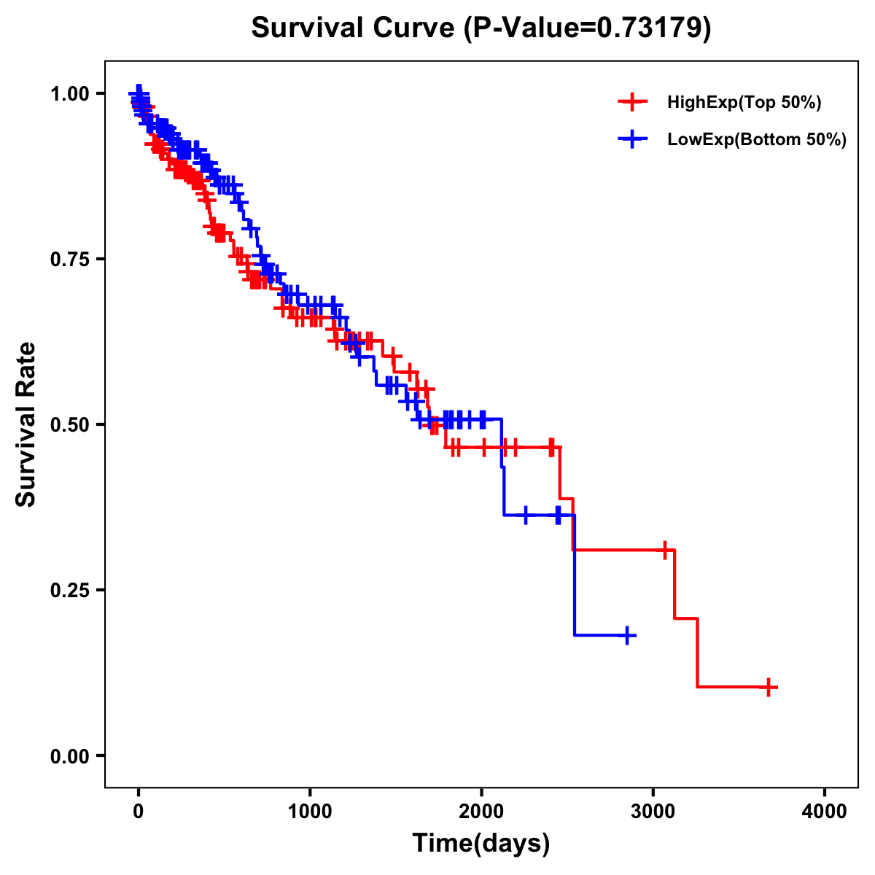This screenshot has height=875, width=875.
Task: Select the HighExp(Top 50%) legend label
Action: click(744, 103)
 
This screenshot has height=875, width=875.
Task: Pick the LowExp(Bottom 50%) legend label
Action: click(757, 140)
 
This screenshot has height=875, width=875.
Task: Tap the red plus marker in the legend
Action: click(632, 103)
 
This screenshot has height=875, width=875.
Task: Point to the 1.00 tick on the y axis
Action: click(70, 93)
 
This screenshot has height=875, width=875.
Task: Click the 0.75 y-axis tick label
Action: click(70, 259)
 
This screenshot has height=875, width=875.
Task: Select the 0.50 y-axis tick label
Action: click(70, 424)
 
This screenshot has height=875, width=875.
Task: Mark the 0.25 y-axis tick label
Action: click(70, 590)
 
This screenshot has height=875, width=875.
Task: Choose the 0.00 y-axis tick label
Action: click(70, 755)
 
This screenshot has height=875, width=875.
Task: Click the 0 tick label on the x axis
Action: click(138, 812)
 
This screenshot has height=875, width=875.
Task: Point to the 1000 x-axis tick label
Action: click(310, 812)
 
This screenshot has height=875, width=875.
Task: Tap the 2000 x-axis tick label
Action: click(481, 812)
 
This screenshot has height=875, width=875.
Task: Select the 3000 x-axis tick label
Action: click(653, 812)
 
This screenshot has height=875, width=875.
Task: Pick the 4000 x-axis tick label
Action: click(825, 812)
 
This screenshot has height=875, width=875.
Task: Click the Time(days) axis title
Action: click(481, 844)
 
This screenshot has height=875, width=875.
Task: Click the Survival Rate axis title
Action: click(26, 424)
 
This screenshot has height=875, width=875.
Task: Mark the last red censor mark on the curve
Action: click(769, 687)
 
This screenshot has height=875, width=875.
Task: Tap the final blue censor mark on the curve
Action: click(626, 636)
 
